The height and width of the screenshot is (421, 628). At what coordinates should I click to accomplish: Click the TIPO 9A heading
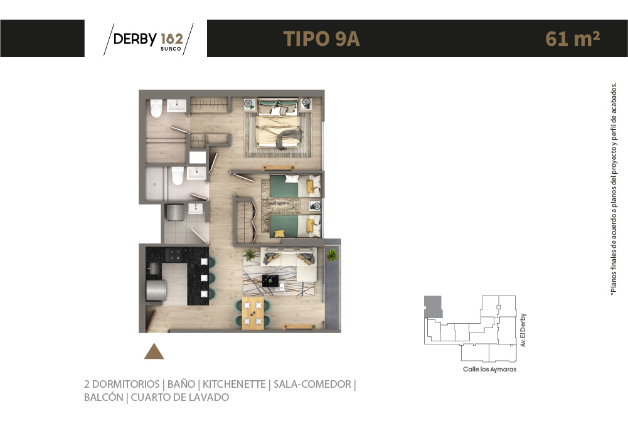click(321, 39)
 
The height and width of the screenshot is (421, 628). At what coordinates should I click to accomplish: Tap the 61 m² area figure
click(572, 38)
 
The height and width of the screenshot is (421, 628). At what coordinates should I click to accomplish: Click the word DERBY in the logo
click(135, 39)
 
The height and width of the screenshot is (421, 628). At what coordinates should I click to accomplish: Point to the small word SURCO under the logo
click(171, 49)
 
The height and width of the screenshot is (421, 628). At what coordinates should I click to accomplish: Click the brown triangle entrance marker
click(154, 351)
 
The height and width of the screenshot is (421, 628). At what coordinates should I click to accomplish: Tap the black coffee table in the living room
click(270, 281)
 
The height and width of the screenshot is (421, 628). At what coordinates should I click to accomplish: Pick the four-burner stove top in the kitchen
click(174, 255)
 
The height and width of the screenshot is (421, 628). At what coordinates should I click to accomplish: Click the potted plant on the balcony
click(332, 255)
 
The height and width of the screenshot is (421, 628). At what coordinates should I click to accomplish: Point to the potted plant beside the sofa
click(250, 255)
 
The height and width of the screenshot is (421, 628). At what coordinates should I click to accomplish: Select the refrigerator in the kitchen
click(156, 290)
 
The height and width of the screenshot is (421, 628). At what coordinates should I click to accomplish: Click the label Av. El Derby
click(523, 330)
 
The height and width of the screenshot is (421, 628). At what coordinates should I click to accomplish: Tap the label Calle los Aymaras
click(489, 370)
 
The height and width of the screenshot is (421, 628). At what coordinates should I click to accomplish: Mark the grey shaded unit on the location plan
click(433, 307)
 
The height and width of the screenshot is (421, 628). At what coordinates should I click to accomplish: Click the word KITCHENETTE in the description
click(234, 384)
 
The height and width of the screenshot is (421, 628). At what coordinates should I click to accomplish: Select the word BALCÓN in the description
click(104, 397)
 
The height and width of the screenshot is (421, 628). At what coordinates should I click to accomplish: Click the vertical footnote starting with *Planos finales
click(613, 189)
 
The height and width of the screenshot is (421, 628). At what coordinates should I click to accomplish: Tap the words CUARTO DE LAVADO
click(180, 397)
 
